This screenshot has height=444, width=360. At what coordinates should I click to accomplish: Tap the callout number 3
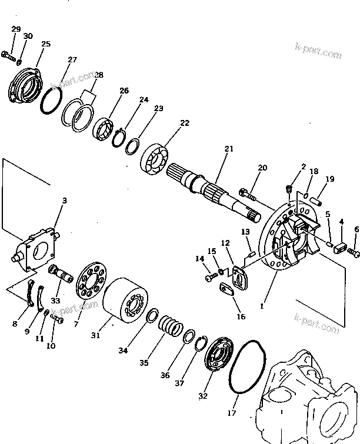[65, 201]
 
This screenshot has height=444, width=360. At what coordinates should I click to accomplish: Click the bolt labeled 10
[56, 318]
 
